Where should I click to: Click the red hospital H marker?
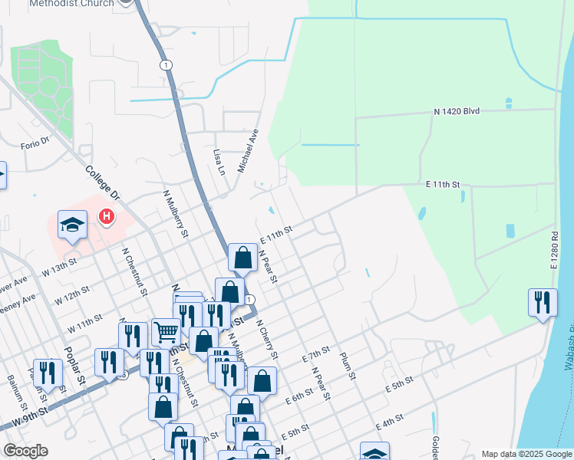click(107, 218)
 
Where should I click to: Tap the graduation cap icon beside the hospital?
click(72, 225)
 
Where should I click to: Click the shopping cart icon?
click(166, 332)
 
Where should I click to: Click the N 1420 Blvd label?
click(456, 111)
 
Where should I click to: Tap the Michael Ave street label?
click(249, 150)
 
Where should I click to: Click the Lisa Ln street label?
click(219, 162)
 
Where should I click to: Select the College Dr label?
click(104, 185)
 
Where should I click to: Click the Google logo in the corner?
click(25, 451)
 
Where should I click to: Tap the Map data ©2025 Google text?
click(526, 454)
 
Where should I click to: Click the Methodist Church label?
click(72, 4)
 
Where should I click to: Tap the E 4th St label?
click(390, 423)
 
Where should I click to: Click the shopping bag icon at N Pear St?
click(242, 258)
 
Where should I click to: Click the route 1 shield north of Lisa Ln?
click(166, 65)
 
